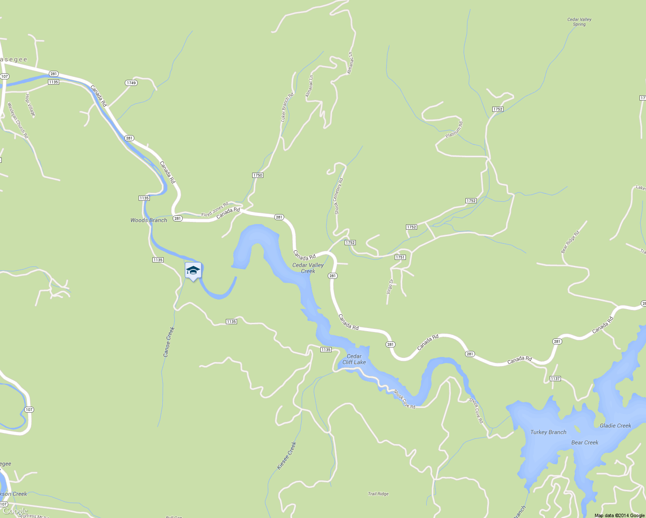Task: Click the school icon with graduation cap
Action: pyautogui.click(x=193, y=271)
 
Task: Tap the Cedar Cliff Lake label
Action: pyautogui.click(x=354, y=359)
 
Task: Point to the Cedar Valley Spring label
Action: pyautogui.click(x=579, y=22)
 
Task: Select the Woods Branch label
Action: pyautogui.click(x=149, y=220)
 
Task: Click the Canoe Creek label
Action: pyautogui.click(x=169, y=342)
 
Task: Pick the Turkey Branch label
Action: pyautogui.click(x=548, y=432)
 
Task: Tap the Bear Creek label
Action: pyautogui.click(x=585, y=442)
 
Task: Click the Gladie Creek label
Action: pyautogui.click(x=615, y=426)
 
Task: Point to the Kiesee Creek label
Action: pyautogui.click(x=287, y=456)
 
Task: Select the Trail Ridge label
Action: pyautogui.click(x=378, y=494)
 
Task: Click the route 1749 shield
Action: pyautogui.click(x=131, y=83)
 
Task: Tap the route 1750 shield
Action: pyautogui.click(x=257, y=175)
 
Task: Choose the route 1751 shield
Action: pyautogui.click(x=400, y=257)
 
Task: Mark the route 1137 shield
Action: pyautogui.click(x=555, y=379)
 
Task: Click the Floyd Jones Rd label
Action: pyautogui.click(x=215, y=209)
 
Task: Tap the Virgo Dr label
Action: pyautogui.click(x=389, y=287)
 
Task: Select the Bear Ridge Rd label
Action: pyautogui.click(x=570, y=242)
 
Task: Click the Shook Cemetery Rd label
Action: pyautogui.click(x=339, y=196)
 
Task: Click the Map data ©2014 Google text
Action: pyautogui.click(x=619, y=515)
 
